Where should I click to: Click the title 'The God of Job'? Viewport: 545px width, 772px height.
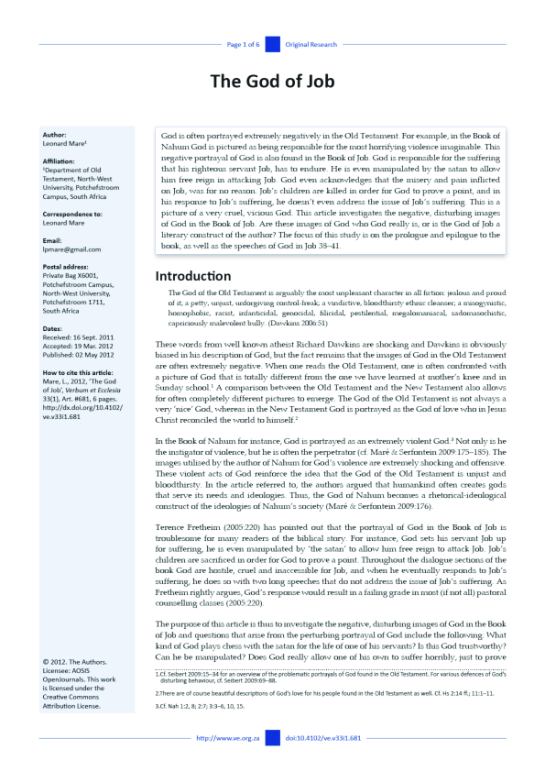pos(272,81)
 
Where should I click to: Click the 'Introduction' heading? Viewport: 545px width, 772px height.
pos(192,250)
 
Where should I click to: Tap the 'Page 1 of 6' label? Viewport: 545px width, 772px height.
pos(244,44)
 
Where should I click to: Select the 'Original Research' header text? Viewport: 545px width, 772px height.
pos(311,44)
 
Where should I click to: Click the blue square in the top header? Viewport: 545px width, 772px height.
pos(272,44)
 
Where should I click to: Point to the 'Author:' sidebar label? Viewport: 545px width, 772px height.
pos(54,135)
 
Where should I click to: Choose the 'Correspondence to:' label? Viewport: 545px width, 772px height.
pos(72,213)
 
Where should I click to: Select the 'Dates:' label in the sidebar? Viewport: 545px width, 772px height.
pos(52,327)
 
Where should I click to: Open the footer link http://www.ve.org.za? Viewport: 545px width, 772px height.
pos(223,737)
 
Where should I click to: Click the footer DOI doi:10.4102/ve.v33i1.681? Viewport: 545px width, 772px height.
pos(323,737)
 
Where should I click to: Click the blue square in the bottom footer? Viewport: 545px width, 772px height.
pos(272,737)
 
